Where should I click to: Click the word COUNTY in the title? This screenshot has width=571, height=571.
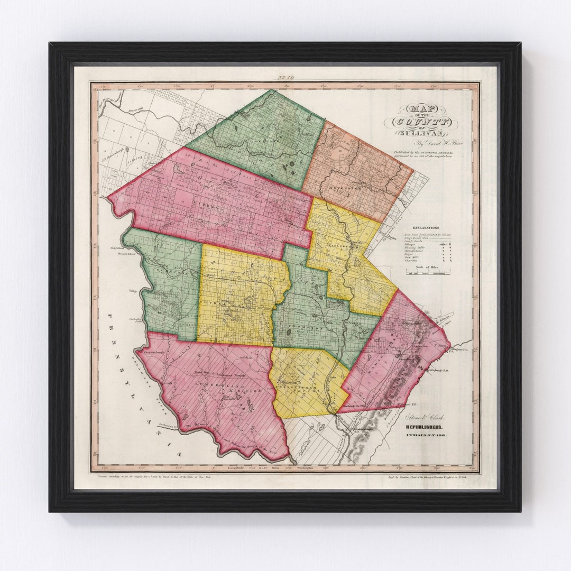[421, 122]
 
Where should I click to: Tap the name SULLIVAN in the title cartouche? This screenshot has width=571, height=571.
[421, 133]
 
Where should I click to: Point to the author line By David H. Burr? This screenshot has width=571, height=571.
[421, 144]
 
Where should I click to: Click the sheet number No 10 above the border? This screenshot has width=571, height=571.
[285, 78]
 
